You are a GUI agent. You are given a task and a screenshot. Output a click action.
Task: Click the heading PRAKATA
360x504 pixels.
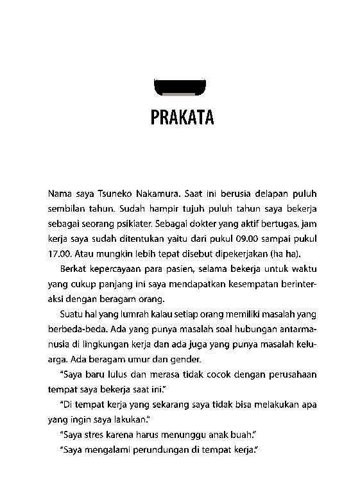180,119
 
